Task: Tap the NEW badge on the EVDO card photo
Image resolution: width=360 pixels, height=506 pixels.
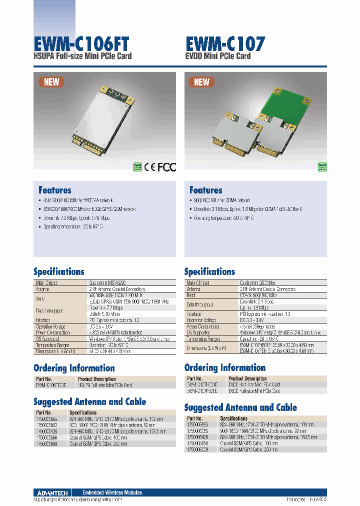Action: [x=201, y=82]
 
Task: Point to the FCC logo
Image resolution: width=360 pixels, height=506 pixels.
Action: [x=167, y=167]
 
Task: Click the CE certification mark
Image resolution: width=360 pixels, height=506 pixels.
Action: [x=150, y=167]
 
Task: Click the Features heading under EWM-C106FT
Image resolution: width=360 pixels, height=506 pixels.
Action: [x=55, y=190]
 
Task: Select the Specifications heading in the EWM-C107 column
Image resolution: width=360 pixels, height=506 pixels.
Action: [x=209, y=271]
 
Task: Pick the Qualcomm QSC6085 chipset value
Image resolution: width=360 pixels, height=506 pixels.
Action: [x=260, y=283]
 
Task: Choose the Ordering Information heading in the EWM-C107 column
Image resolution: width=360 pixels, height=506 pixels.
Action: [x=225, y=367]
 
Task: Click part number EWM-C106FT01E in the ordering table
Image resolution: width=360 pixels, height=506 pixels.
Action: [x=51, y=385]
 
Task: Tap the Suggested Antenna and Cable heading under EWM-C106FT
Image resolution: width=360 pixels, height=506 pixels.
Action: [x=90, y=401]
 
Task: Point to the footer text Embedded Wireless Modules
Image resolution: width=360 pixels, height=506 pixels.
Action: [x=112, y=492]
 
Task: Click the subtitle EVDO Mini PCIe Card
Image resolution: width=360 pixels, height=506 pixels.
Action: [x=217, y=56]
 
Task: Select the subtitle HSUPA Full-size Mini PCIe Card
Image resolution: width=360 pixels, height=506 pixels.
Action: [x=82, y=56]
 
